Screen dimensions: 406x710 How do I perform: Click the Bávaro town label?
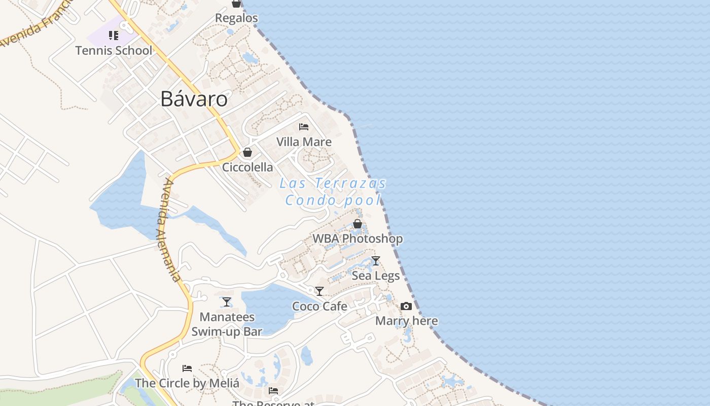194,99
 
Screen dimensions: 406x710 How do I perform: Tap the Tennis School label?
114,50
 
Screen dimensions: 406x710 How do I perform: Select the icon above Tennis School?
114,36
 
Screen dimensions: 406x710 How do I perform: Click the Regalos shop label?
236,18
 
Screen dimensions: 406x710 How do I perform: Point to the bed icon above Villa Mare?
304,127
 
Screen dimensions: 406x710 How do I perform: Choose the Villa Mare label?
304,142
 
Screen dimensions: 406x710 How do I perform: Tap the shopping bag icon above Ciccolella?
247,152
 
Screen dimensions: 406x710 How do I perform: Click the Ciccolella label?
247,167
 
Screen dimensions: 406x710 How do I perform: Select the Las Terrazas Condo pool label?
333,191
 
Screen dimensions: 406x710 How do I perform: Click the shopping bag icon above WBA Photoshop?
358,224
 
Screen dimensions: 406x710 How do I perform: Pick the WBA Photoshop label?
358,239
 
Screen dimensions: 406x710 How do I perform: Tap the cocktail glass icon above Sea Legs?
376,261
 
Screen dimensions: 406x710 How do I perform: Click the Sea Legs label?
376,276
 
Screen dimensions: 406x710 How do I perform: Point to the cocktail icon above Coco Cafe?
319,291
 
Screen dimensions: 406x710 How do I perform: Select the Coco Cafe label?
319,306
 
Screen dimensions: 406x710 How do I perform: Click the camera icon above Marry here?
406,306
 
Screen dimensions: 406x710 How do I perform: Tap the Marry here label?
406,321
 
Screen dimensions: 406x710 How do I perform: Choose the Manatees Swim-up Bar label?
227,324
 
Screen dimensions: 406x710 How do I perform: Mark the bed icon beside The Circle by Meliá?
187,368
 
